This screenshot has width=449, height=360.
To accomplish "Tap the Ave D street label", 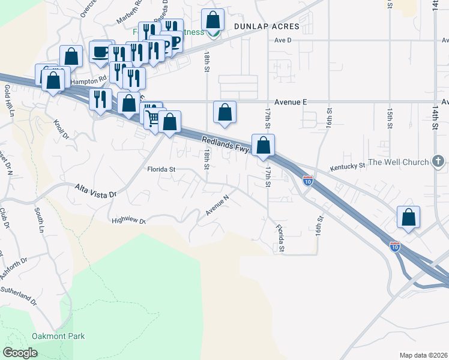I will (x=282, y=40).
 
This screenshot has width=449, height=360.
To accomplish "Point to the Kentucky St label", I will (x=348, y=165).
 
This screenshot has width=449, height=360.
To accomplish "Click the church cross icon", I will (x=439, y=161).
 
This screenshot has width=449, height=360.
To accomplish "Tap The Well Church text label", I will (x=398, y=162).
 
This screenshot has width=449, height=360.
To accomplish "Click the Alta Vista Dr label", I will (x=95, y=191).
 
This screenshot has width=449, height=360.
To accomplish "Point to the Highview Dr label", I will (x=129, y=221).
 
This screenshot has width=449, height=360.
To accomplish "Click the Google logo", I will (x=20, y=353).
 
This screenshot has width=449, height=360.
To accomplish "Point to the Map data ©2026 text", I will (x=423, y=355).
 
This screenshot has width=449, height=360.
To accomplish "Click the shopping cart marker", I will (x=152, y=117).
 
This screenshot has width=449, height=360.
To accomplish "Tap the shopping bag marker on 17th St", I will (x=264, y=145).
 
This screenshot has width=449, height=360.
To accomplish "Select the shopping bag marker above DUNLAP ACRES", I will (x=213, y=20).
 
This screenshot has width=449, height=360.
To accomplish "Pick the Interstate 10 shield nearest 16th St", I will (x=307, y=180).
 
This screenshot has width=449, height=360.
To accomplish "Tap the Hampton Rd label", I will (x=87, y=80).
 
